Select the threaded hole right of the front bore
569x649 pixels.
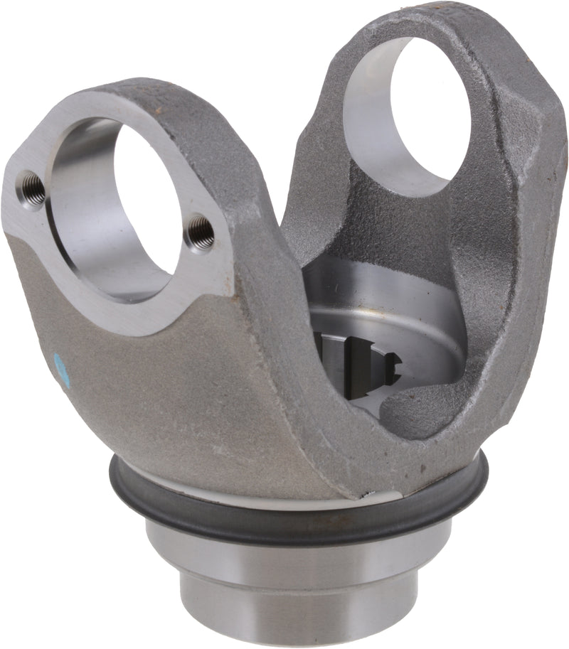[x=200, y=232]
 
